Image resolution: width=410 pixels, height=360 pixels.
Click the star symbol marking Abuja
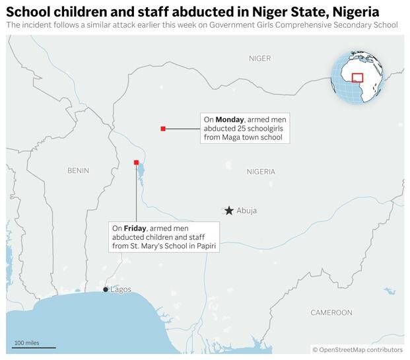coord(228,210)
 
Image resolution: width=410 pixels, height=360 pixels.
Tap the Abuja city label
coord(246,211)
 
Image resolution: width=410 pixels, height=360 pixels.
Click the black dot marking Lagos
coord(106,289)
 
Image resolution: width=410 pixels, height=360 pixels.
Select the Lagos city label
coord(121,289)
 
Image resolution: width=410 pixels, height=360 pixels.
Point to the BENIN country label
coord(78,170)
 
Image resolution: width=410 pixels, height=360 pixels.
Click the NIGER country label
coord(259,58)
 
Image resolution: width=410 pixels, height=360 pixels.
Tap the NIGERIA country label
coord(261,171)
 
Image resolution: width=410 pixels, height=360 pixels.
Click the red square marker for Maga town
coord(163,128)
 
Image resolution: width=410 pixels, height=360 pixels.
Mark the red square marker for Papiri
coord(136,162)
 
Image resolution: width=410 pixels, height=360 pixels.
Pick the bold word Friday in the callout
coord(135,228)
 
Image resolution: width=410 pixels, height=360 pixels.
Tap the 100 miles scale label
coord(27,343)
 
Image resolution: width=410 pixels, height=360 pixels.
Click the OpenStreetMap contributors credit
coord(357,349)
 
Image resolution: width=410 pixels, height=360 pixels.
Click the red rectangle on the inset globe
coord(357,77)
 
